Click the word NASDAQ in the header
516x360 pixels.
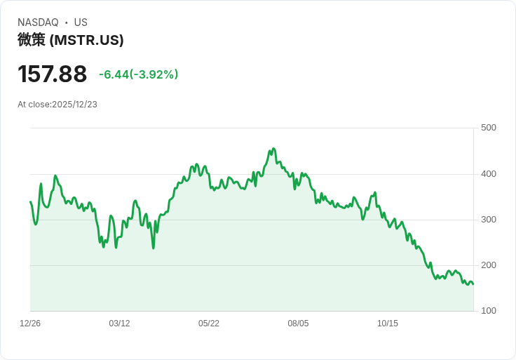coord(38,22)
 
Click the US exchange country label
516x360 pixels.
coord(81,22)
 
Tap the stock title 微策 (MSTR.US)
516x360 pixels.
coord(70,40)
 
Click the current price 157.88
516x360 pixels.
coord(52,74)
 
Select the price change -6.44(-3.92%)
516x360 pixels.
coord(139,74)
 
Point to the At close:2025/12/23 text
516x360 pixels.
coord(57,105)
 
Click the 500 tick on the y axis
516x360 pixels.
coord(489,128)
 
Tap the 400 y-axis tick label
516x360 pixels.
coord(489,174)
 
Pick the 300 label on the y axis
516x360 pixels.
coord(489,220)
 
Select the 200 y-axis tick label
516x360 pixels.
coord(489,265)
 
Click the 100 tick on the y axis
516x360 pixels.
coord(489,311)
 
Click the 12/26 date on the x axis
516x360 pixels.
coord(30,324)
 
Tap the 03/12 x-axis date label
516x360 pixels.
coord(119,324)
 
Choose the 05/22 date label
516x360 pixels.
coord(209,324)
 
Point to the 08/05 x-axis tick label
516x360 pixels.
coord(298,324)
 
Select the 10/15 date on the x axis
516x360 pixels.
coord(388,324)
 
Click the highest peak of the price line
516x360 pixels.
coord(273,149)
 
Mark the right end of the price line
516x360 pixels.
coord(473,284)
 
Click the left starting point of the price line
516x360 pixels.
coord(30,202)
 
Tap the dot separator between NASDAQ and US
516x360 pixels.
coord(66,22)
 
